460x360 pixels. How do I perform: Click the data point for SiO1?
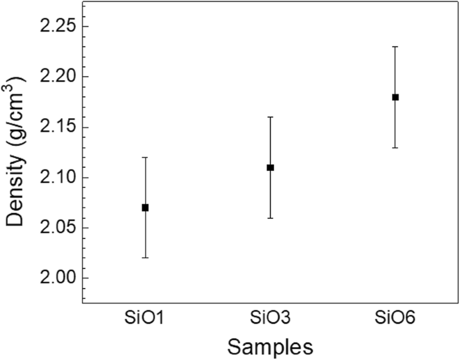tap(145, 207)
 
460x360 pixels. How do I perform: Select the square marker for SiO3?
tap(270, 167)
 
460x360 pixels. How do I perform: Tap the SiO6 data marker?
tap(396, 97)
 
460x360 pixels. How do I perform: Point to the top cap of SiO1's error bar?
tap(145, 157)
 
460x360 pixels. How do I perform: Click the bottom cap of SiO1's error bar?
tap(145, 258)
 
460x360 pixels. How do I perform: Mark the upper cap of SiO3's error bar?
tap(270, 117)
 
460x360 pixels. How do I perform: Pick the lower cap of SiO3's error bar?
tap(270, 218)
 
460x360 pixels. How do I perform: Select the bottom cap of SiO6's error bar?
tap(396, 148)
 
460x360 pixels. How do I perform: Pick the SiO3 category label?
tap(270, 318)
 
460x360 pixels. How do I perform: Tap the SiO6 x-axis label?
tap(396, 318)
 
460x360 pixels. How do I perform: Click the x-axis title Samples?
tap(270, 347)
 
